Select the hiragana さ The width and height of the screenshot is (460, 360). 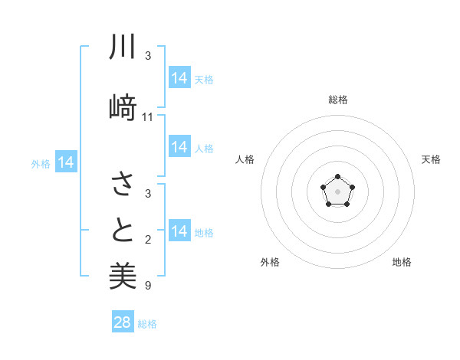(123, 184)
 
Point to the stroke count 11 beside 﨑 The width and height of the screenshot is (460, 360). (148, 117)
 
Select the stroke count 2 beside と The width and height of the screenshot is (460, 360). (147, 241)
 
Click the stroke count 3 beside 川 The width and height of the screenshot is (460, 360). (147, 56)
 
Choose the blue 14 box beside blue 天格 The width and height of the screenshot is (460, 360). (179, 78)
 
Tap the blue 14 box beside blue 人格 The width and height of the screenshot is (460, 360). (179, 147)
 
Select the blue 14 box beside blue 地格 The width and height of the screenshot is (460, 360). (179, 231)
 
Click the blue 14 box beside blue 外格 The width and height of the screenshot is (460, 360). (65, 162)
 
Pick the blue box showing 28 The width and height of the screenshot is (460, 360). (123, 322)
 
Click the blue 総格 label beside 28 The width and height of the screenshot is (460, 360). (147, 324)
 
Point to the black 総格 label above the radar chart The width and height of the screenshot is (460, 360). (337, 100)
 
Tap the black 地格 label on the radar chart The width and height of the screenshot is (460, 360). (402, 262)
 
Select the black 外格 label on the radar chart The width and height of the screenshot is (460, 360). (270, 262)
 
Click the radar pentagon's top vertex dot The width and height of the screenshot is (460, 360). (337, 177)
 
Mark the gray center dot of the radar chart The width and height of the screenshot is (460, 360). (337, 191)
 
